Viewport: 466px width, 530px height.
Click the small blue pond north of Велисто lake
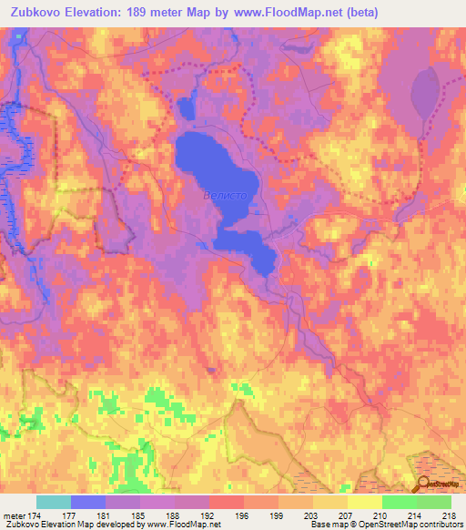click(187, 108)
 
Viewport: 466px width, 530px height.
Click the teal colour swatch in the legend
click(54, 502)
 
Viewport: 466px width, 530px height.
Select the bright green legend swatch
click(399, 502)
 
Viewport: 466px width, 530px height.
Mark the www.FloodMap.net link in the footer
click(183, 525)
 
